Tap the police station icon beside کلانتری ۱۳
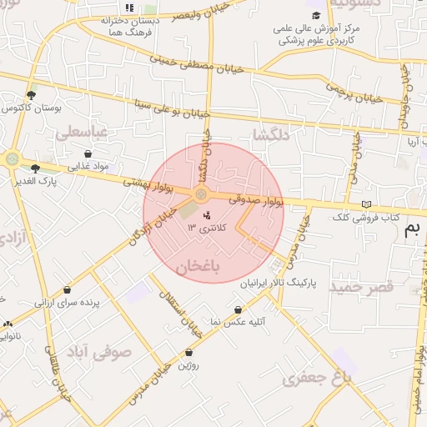(x=207, y=216)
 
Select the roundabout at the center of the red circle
(x=201, y=194)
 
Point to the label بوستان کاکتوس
(x=28, y=109)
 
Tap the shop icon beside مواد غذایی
(x=88, y=153)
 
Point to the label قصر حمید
(x=360, y=287)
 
